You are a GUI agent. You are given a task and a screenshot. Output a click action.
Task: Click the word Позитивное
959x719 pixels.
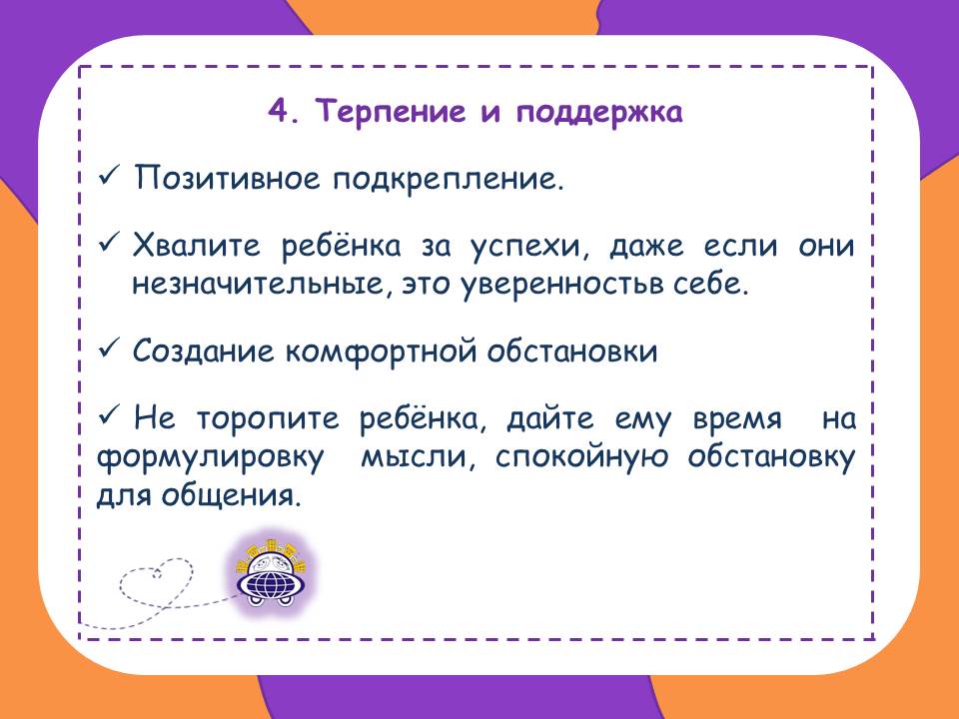227,179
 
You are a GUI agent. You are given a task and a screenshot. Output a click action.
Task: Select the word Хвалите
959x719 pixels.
197,246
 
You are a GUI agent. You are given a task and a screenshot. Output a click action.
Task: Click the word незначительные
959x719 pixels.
262,285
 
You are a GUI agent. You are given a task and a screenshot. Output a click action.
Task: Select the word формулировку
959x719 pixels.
211,458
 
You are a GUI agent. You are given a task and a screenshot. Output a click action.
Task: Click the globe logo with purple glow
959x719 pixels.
270,573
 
